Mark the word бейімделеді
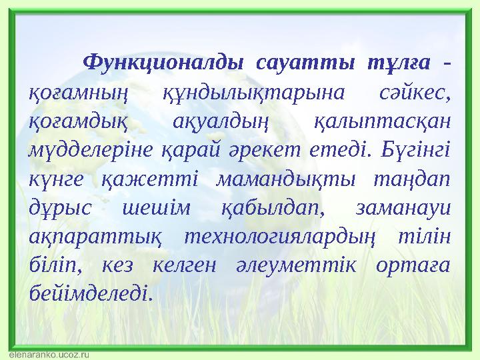(91, 293)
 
